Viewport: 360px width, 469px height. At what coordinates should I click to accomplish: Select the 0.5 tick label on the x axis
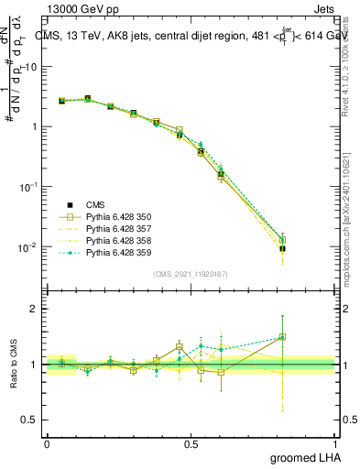(x=191, y=443)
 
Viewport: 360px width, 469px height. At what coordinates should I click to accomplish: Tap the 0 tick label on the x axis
(x=47, y=443)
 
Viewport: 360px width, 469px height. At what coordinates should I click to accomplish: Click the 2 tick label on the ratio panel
(x=34, y=309)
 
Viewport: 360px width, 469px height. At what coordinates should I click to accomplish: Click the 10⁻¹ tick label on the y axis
(x=27, y=187)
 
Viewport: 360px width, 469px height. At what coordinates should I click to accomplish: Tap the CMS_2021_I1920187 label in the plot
(x=191, y=274)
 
